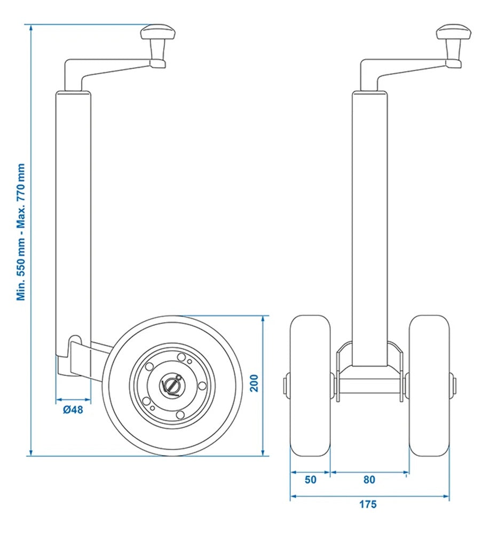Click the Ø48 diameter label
73,410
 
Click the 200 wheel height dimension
255,383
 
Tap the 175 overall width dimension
368,504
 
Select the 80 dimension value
369,480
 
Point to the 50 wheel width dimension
310,480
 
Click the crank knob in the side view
158,34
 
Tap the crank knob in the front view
454,34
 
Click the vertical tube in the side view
73,214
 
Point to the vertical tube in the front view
369,214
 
